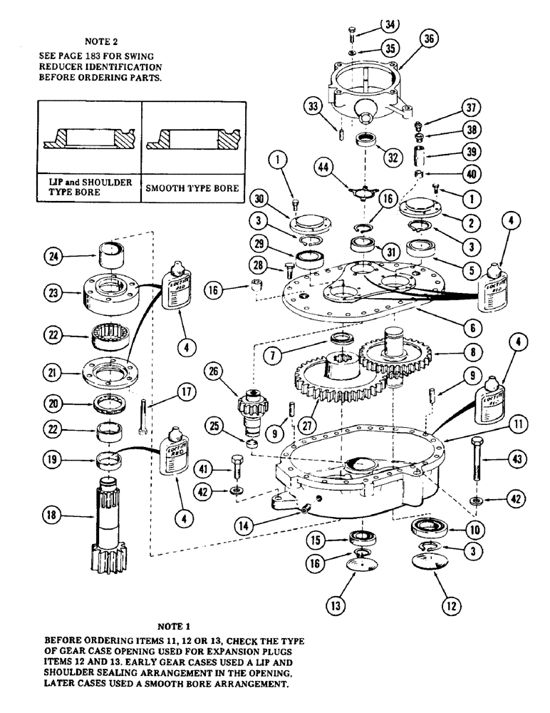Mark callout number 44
325,168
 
